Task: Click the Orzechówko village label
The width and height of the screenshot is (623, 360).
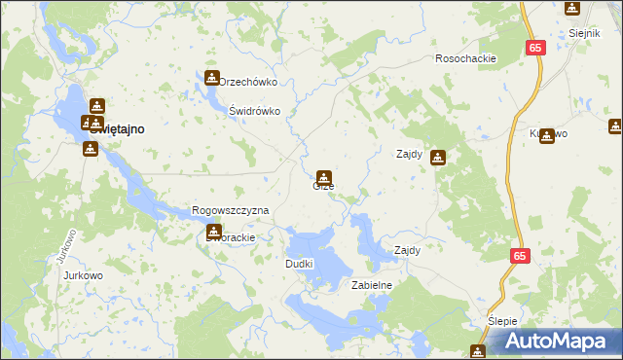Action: pyautogui.click(x=249, y=83)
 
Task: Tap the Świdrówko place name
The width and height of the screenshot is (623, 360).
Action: pyautogui.click(x=254, y=111)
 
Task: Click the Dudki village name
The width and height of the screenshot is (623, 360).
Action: pyautogui.click(x=299, y=264)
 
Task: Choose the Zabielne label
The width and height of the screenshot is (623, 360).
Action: pyautogui.click(x=371, y=285)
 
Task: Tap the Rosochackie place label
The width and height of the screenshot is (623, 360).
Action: pyautogui.click(x=466, y=58)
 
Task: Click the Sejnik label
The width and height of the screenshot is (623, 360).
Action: pyautogui.click(x=583, y=32)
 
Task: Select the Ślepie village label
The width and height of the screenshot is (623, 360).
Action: pyautogui.click(x=504, y=321)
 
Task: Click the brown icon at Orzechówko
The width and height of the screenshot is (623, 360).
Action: pyautogui.click(x=211, y=78)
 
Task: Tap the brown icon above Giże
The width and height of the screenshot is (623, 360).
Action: pyautogui.click(x=324, y=177)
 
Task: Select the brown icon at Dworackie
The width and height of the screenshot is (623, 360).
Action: pyautogui.click(x=214, y=232)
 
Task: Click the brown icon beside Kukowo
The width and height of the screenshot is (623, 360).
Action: pyautogui.click(x=547, y=137)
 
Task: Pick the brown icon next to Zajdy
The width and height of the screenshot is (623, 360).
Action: pyautogui.click(x=439, y=156)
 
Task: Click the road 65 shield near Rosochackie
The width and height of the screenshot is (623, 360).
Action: pyautogui.click(x=537, y=47)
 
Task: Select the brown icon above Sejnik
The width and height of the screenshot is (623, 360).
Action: pyautogui.click(x=571, y=9)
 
